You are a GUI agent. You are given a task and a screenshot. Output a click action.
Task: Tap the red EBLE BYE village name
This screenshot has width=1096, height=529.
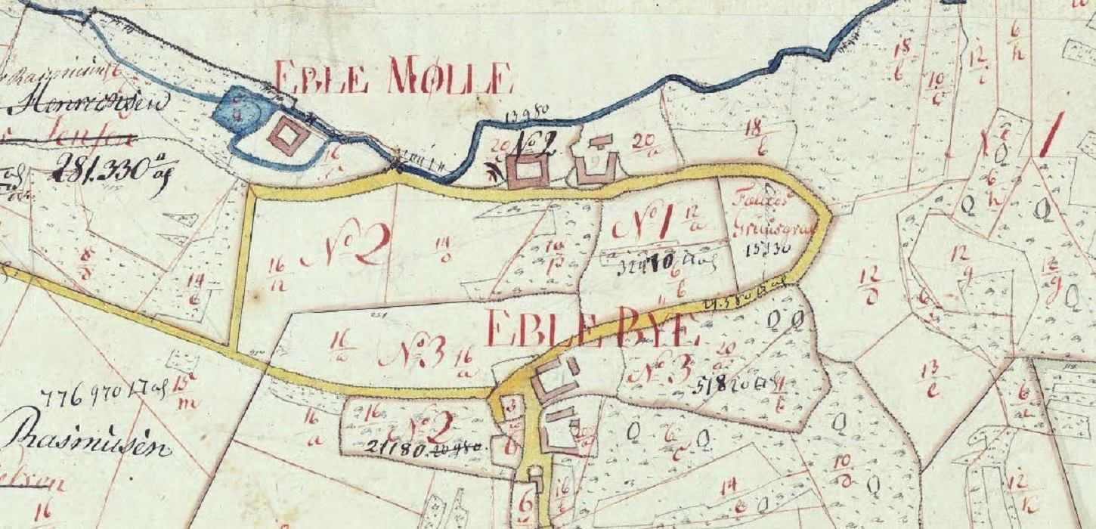(x=590, y=328)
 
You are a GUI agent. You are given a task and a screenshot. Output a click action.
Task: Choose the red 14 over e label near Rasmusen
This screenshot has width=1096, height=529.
(x=197, y=288)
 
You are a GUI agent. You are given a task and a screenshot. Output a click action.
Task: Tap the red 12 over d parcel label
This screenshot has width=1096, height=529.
(x=869, y=286)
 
